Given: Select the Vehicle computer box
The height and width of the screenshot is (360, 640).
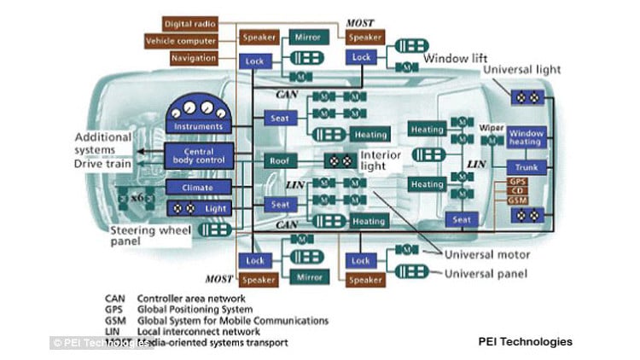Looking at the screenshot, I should coord(181,40).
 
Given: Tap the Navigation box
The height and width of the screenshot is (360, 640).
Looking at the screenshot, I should coord(193,58).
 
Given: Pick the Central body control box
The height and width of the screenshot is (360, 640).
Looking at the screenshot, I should coord(198,156).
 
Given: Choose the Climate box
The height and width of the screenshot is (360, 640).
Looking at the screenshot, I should coord(198,187).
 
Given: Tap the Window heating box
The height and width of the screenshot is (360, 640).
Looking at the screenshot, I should coord(527,137).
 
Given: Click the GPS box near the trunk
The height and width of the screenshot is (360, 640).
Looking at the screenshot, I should coord(517,182).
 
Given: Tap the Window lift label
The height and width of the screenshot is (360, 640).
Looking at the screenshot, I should coord(458,58).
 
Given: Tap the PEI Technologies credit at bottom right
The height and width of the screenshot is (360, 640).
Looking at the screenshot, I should coord(525,341).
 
